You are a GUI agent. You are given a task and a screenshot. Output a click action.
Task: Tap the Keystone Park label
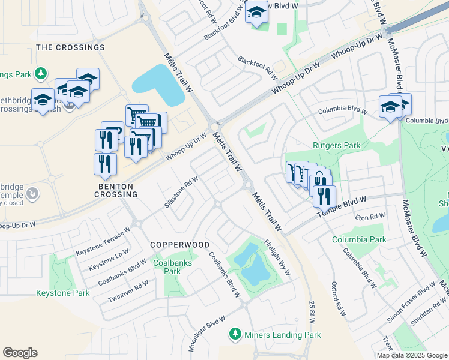(x=63, y=293)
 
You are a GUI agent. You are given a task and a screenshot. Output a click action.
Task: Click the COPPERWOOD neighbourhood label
(x=179, y=245)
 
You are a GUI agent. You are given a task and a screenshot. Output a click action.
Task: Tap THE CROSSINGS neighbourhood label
(x=71, y=47)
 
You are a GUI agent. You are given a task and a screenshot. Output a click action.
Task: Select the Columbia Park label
(x=359, y=239)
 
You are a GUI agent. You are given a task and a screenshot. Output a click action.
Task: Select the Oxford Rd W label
(x=339, y=299)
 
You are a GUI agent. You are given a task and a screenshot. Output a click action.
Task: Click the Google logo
(x=20, y=353)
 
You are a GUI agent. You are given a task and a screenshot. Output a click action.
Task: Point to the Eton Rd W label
(x=369, y=217)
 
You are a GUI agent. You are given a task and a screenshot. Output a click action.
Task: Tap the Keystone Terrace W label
(x=103, y=242)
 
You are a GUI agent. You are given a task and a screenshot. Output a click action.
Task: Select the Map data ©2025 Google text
(x=411, y=355)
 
